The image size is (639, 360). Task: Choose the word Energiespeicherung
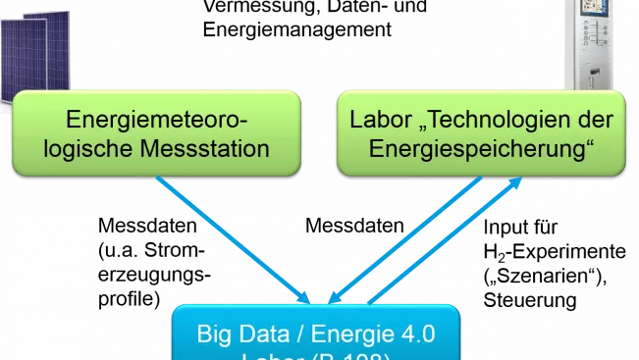480,149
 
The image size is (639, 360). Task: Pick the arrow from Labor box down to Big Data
404,240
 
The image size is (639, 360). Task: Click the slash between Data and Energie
291,334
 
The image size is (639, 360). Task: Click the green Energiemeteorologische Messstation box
156,133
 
